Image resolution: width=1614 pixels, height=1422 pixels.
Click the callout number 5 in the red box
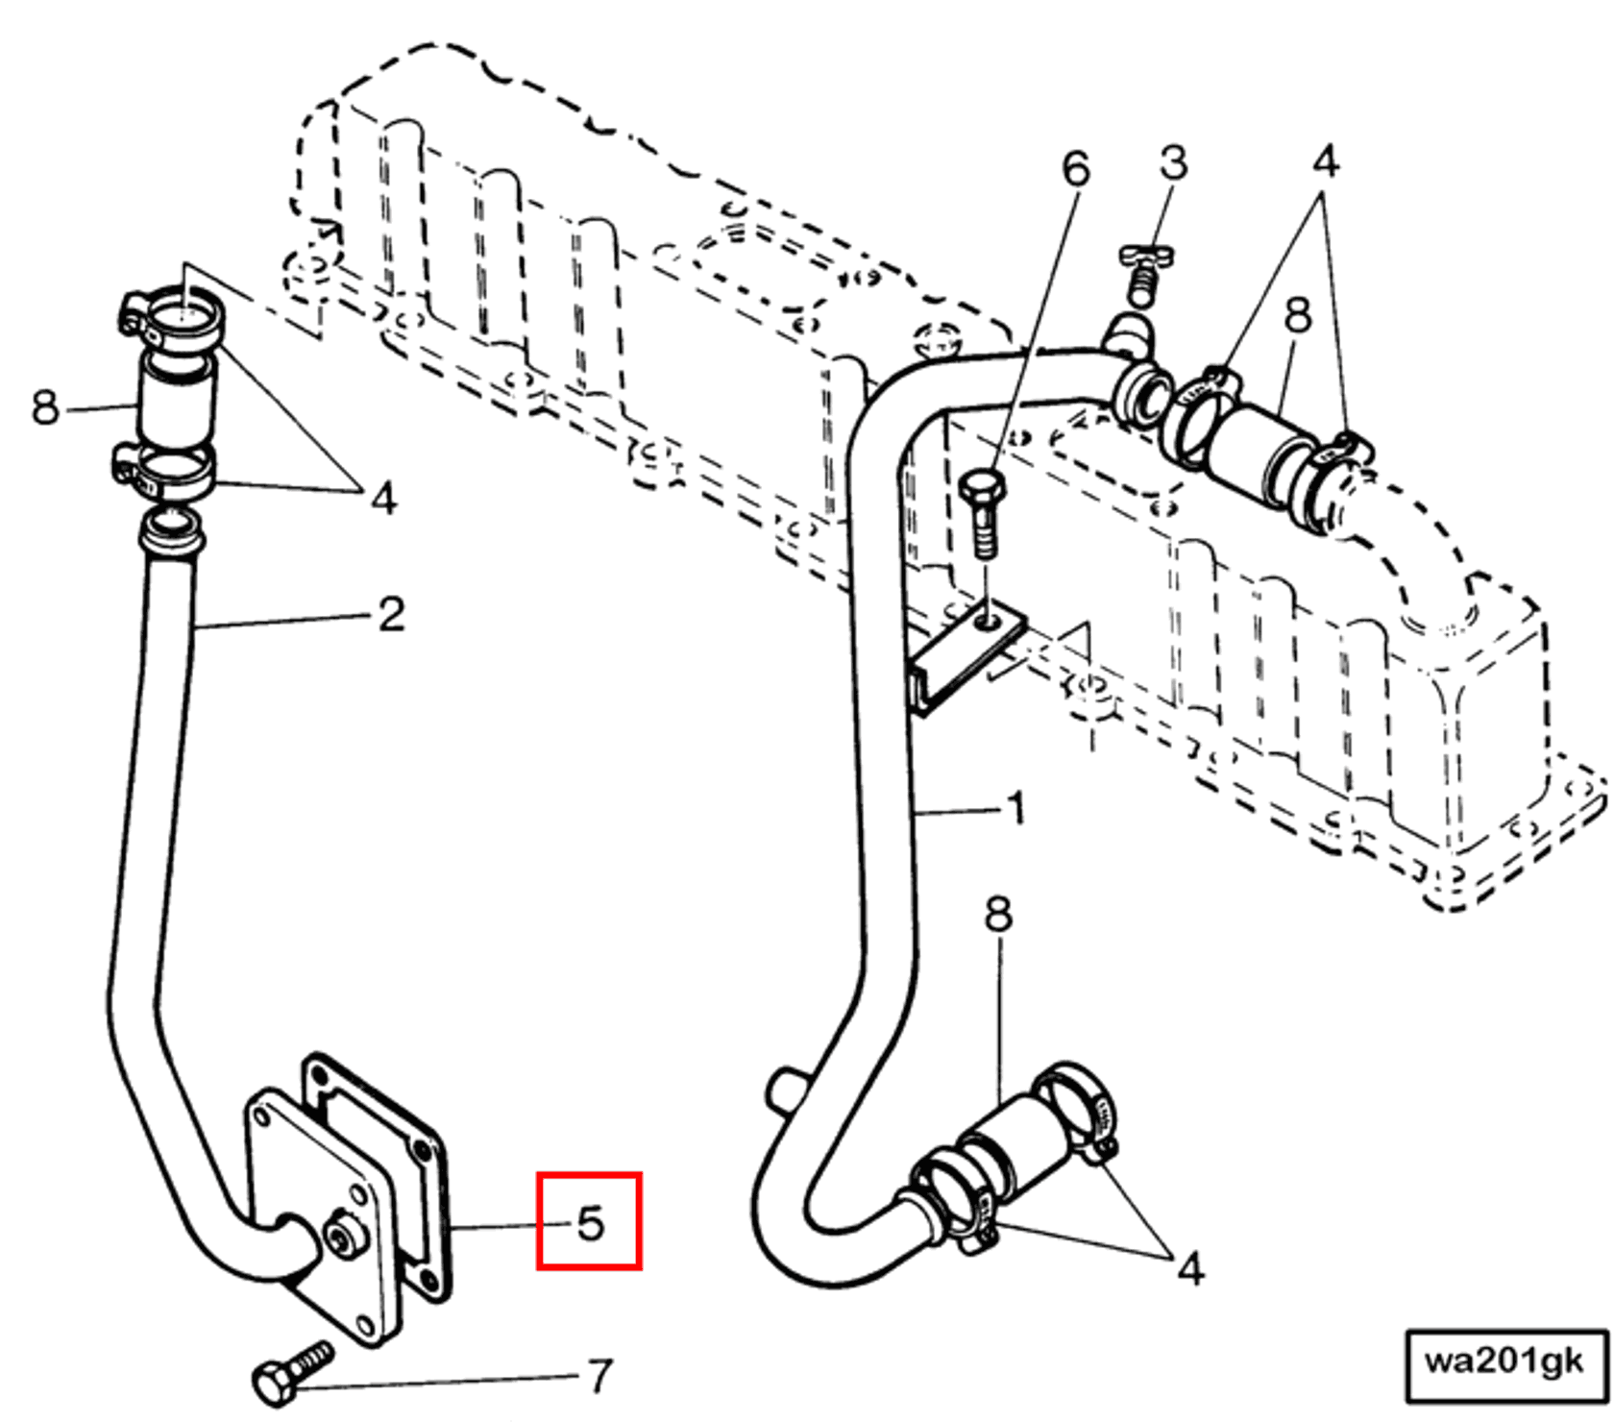pyautogui.click(x=590, y=1222)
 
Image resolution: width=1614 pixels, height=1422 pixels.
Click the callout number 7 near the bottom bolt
pyautogui.click(x=600, y=1376)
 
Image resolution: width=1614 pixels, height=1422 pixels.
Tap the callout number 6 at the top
pyautogui.click(x=1076, y=169)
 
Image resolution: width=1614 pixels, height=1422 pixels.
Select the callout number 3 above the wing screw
pyautogui.click(x=1173, y=163)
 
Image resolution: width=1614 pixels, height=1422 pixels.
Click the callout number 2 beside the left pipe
pyautogui.click(x=391, y=614)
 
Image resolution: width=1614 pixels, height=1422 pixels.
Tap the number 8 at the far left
pyautogui.click(x=45, y=407)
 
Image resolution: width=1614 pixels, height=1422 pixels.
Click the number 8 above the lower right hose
pyautogui.click(x=998, y=915)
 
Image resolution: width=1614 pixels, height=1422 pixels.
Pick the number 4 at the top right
pyautogui.click(x=1325, y=161)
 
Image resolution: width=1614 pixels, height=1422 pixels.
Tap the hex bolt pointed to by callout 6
pyautogui.click(x=984, y=511)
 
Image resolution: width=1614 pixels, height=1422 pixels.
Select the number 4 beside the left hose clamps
pyautogui.click(x=383, y=498)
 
